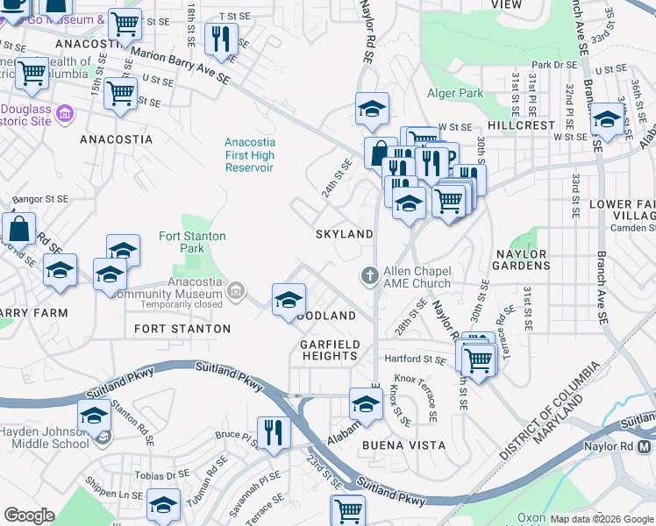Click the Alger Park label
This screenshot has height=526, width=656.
click(455, 94)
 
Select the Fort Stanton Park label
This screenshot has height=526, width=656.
click(192, 243)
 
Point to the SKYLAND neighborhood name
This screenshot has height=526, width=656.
click(345, 234)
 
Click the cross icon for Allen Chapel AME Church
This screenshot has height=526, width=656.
click(370, 276)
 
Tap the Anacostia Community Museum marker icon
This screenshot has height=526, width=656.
click(235, 290)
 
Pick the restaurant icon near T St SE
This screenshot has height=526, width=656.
click(219, 39)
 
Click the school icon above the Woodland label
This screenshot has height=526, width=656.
click(289, 300)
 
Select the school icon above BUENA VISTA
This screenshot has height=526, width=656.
click(366, 404)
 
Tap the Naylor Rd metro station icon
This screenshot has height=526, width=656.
click(645, 446)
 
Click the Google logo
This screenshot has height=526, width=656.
click(30, 515)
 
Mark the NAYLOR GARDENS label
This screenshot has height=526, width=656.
click(528, 260)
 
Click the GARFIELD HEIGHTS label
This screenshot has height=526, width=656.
click(330, 350)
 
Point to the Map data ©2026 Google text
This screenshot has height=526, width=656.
click(602, 519)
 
